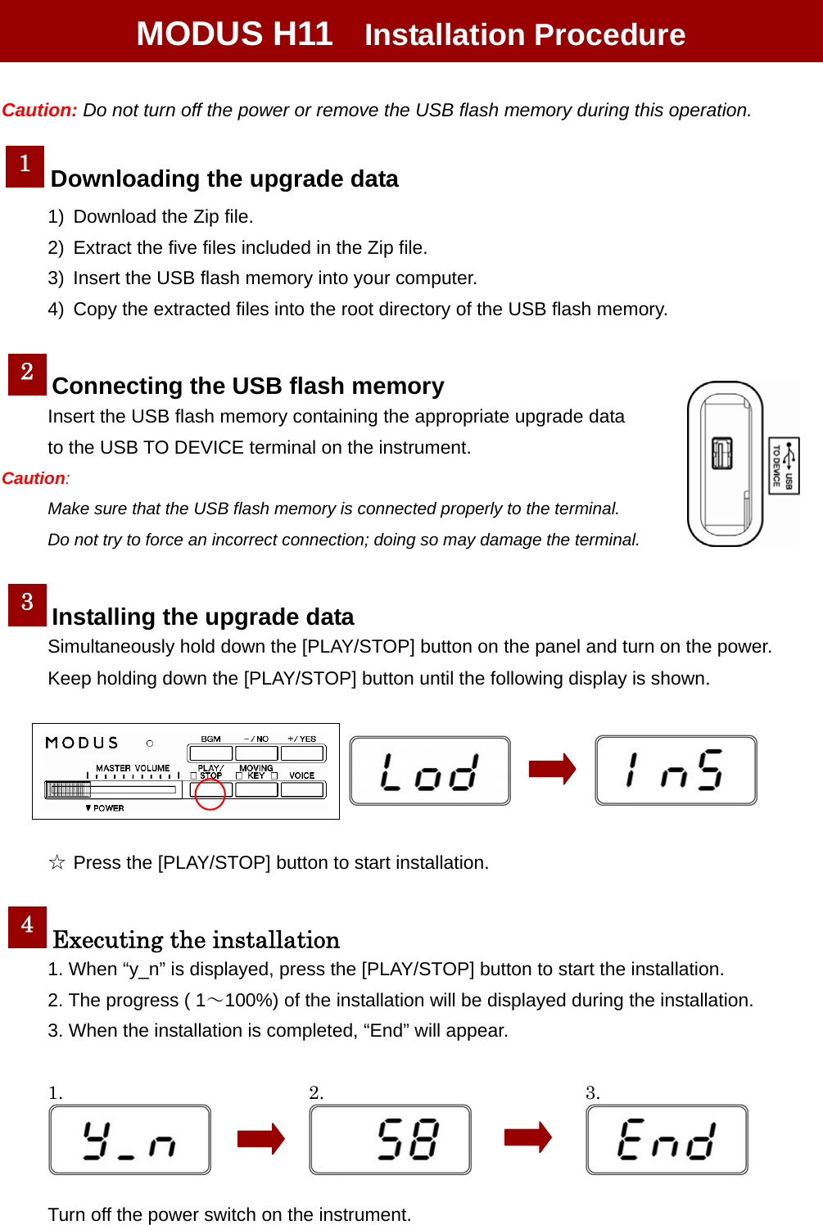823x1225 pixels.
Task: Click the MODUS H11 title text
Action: click(234, 34)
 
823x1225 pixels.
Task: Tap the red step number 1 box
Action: click(25, 166)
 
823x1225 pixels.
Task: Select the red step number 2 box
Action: click(27, 374)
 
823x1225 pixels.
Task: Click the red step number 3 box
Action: click(27, 605)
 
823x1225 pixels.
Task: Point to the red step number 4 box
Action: click(27, 927)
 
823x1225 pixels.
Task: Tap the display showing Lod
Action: click(430, 771)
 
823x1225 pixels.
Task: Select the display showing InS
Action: click(676, 770)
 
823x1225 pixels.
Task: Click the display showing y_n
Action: click(129, 1139)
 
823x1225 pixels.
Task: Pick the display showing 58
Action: click(390, 1139)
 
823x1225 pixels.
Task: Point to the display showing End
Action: click(667, 1139)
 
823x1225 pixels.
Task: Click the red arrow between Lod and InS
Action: click(552, 769)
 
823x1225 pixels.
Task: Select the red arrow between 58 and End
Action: click(527, 1137)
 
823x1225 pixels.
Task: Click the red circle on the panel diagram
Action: click(210, 793)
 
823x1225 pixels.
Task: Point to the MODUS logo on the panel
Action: click(82, 743)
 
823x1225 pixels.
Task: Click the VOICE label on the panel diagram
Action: click(301, 775)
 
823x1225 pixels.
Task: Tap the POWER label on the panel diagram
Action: click(107, 808)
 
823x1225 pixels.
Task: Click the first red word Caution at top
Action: click(39, 111)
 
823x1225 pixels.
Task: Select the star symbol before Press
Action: click(57, 862)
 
